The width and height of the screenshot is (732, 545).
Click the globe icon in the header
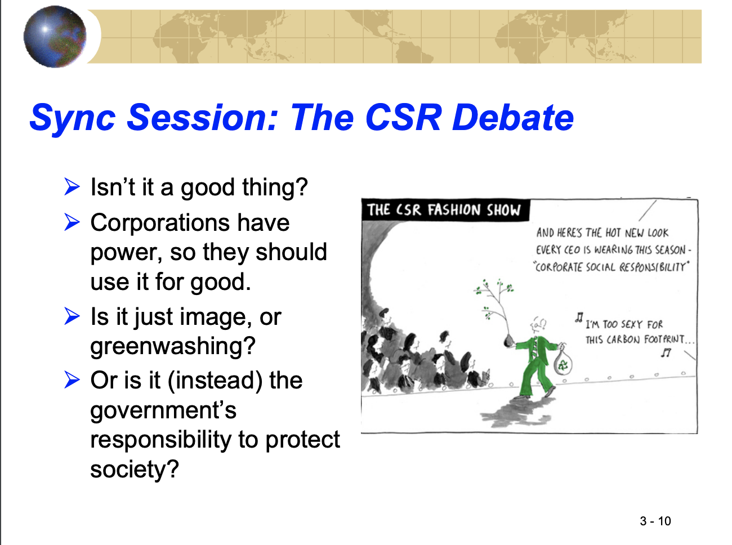click(55, 36)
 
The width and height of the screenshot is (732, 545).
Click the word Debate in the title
click(512, 118)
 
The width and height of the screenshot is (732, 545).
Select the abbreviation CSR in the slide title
click(403, 118)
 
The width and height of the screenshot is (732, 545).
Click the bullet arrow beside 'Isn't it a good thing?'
click(72, 187)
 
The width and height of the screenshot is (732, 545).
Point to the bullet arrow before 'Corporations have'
click(72, 222)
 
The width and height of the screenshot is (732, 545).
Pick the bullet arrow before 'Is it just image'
click(72, 316)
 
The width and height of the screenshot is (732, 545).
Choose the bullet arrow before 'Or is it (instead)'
click(72, 380)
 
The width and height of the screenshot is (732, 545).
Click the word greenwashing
click(173, 347)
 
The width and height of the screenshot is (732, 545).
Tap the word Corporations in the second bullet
click(160, 222)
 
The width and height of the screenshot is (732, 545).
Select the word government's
click(163, 411)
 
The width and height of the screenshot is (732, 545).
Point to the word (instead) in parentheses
click(215, 380)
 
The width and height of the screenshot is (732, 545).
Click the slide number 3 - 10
click(655, 521)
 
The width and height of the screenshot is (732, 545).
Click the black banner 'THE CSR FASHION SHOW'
click(445, 210)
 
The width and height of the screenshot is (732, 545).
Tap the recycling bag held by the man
click(563, 362)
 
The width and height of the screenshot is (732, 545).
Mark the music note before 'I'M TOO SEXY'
click(579, 317)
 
